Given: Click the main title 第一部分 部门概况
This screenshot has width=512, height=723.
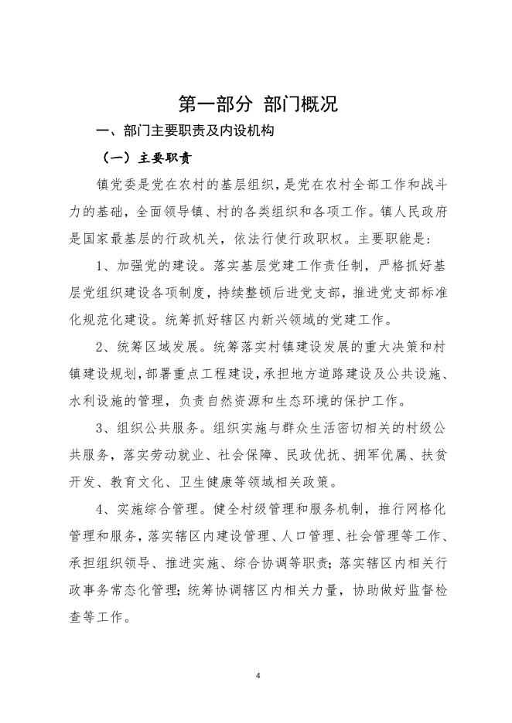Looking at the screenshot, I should click(x=258, y=104).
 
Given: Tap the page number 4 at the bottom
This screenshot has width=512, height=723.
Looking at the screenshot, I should click(x=258, y=675).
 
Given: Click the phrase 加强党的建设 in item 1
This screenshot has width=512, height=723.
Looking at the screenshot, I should click(x=161, y=267).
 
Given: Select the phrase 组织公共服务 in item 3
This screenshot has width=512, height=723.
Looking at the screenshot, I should click(x=161, y=429).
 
